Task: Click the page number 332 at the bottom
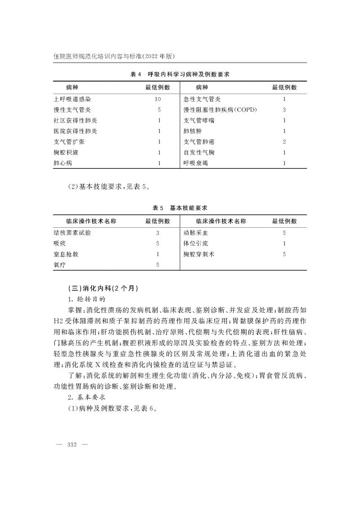[x=72, y=445]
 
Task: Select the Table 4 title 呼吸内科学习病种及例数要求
[x=180, y=74]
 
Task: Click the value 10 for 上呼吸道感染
[x=157, y=99]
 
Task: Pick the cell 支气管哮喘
[x=199, y=120]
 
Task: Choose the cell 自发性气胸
[x=199, y=153]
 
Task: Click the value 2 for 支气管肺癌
[x=284, y=142]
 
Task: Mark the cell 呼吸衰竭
[x=196, y=163]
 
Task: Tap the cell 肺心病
[x=63, y=163]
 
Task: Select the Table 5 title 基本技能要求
[x=180, y=208]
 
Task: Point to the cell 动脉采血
[x=196, y=233]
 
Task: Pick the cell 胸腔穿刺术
[x=199, y=254]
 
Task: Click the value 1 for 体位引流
[x=284, y=243]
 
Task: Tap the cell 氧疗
[x=59, y=265]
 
